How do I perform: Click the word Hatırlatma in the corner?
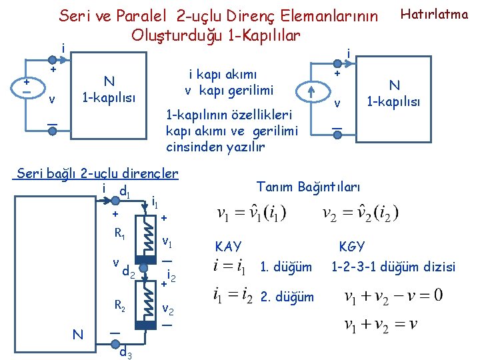pyautogui.click(x=433, y=13)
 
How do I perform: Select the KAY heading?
pyautogui.click(x=228, y=247)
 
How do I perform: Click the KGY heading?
pyautogui.click(x=351, y=247)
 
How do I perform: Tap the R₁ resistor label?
pyautogui.click(x=120, y=234)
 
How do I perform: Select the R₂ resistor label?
pyautogui.click(x=120, y=306)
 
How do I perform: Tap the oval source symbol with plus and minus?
pyautogui.click(x=25, y=87)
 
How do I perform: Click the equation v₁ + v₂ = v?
pyautogui.click(x=381, y=325)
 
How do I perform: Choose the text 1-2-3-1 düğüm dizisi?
pyautogui.click(x=393, y=267)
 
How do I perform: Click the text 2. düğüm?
pyautogui.click(x=286, y=295)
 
